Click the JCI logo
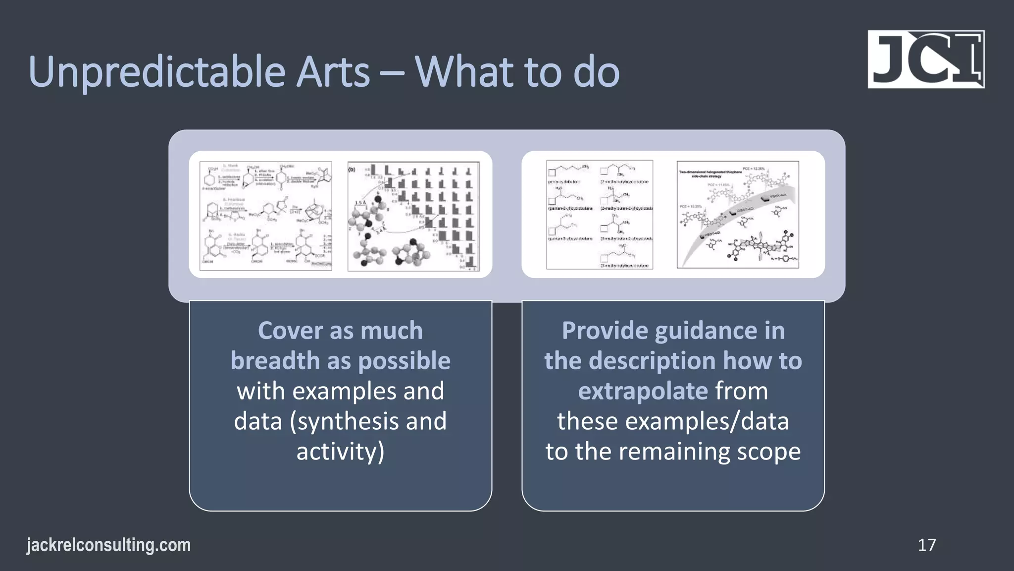(x=926, y=59)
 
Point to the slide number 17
(x=926, y=545)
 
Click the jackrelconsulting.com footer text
(x=108, y=545)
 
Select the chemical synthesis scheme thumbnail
(x=266, y=216)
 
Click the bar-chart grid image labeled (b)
(x=413, y=216)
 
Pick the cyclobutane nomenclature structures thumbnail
(x=600, y=215)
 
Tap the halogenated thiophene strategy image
(x=738, y=215)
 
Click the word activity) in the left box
(x=340, y=452)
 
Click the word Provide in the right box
(x=605, y=331)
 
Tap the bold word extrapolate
(x=643, y=391)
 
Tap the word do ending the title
(x=596, y=72)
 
